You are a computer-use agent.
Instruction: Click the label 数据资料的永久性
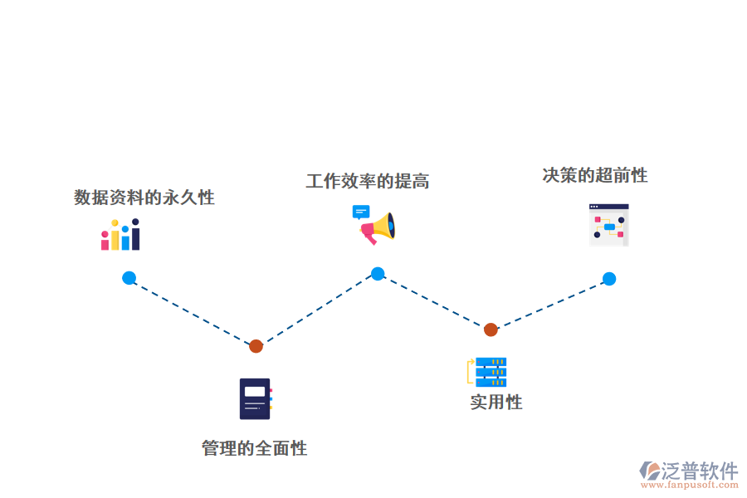click(144, 198)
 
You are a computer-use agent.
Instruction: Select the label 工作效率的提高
click(367, 181)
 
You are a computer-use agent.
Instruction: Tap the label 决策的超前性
click(594, 175)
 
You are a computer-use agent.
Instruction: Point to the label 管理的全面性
click(254, 449)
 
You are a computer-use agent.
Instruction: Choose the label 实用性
click(496, 403)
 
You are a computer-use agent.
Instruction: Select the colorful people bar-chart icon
click(120, 235)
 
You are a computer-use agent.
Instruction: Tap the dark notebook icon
click(255, 398)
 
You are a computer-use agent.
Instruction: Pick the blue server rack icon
click(490, 372)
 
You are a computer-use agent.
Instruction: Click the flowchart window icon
click(608, 225)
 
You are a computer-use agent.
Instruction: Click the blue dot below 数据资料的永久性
click(129, 278)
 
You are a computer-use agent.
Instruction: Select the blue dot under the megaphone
click(378, 274)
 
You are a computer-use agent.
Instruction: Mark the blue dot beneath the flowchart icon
click(608, 279)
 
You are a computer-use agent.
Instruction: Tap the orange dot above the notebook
click(256, 346)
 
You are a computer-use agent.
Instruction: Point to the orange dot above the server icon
click(491, 330)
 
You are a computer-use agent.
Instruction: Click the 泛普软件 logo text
click(699, 471)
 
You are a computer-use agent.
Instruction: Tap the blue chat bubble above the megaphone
click(361, 212)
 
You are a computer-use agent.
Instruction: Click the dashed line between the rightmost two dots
click(549, 305)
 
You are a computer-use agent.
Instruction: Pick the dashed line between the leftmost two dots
click(192, 312)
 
